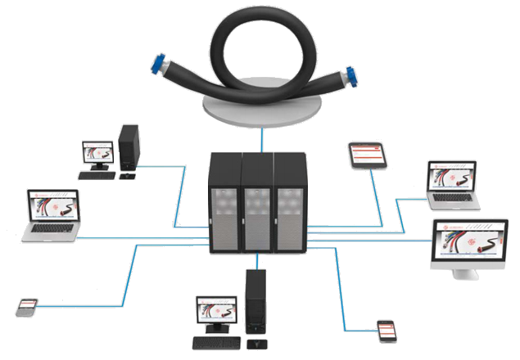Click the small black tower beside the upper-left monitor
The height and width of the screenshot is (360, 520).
[129, 148]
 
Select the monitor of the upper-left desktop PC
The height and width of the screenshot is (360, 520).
[97, 153]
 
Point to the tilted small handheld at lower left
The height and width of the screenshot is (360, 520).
[27, 308]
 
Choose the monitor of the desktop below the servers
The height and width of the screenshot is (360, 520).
[215, 313]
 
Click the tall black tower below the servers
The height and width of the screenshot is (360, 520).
[255, 304]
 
